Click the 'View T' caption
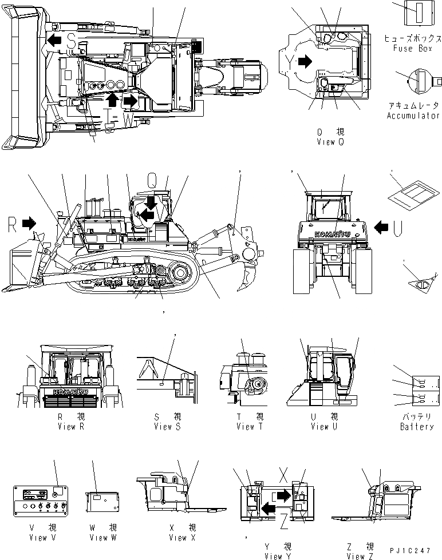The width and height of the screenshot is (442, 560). click(250, 426)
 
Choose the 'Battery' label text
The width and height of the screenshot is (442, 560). click(417, 426)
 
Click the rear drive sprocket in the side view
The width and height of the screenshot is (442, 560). click(180, 272)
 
